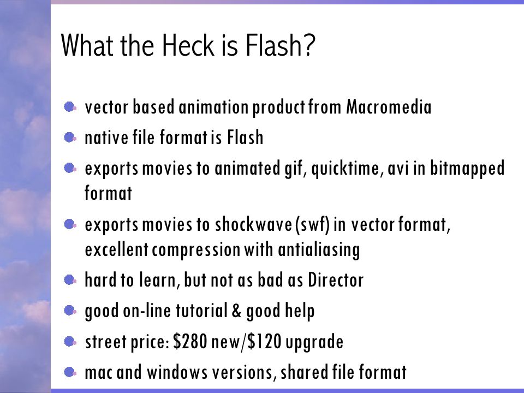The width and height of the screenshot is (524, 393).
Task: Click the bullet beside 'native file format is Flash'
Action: (x=70, y=139)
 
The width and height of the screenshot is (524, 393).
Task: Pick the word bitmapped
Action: (x=469, y=170)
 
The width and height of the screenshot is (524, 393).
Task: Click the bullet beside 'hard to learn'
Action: (x=70, y=281)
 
